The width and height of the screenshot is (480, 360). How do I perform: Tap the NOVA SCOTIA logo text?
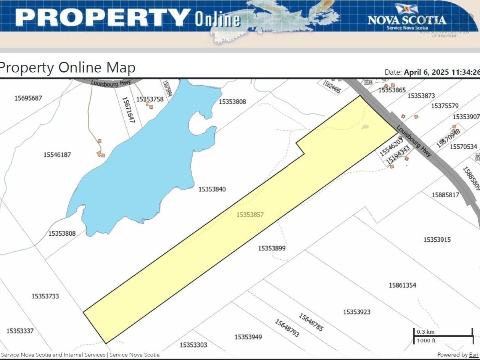(407, 20)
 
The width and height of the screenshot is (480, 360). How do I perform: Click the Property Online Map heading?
(67, 68)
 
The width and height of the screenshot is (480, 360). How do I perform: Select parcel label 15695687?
(28, 98)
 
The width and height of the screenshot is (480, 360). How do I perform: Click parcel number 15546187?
(57, 154)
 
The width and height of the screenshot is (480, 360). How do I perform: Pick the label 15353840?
(212, 189)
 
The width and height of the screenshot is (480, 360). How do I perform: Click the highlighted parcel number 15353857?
(250, 215)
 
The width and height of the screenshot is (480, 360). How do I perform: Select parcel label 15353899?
(272, 248)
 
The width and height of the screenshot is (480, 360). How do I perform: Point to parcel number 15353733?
(45, 296)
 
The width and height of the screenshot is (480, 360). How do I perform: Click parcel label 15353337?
(20, 331)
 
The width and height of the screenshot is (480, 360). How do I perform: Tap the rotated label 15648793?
(287, 328)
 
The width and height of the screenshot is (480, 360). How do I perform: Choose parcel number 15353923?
(357, 312)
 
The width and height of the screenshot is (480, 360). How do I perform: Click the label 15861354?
(403, 285)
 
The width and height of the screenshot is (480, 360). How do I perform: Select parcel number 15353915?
(437, 239)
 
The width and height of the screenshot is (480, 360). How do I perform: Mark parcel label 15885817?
(445, 195)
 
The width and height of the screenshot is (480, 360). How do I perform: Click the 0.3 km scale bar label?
(425, 332)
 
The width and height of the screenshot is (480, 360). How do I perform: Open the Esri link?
(473, 355)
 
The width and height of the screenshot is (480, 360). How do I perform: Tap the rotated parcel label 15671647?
(129, 109)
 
